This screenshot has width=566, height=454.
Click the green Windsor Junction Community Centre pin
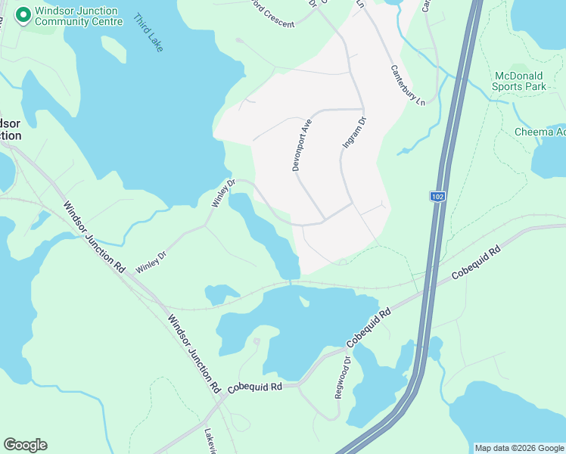[23, 14]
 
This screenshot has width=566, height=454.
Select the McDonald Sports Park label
[519, 81]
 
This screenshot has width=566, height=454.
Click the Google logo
[25, 445]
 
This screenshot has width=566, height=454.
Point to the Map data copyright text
[519, 448]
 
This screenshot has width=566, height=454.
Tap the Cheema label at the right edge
[540, 132]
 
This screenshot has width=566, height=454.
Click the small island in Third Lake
[114, 49]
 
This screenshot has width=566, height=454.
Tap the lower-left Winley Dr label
[151, 262]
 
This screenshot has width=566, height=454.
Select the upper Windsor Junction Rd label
[95, 237]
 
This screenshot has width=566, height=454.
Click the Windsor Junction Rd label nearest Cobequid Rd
[194, 353]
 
